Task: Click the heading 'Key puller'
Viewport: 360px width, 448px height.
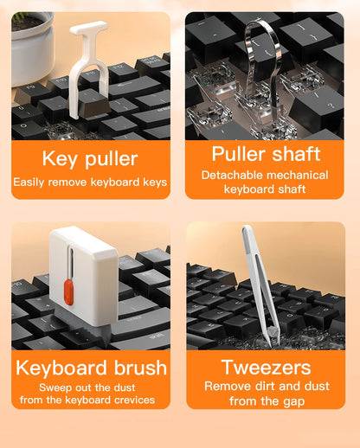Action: point(90,158)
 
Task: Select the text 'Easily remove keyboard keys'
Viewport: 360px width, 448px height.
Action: point(90,182)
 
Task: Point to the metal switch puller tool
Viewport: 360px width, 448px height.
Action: point(260,61)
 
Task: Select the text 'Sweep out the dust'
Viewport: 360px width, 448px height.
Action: point(90,387)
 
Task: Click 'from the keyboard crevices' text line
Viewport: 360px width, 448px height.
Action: point(90,400)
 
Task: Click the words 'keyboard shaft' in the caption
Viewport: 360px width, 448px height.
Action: point(264,189)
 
